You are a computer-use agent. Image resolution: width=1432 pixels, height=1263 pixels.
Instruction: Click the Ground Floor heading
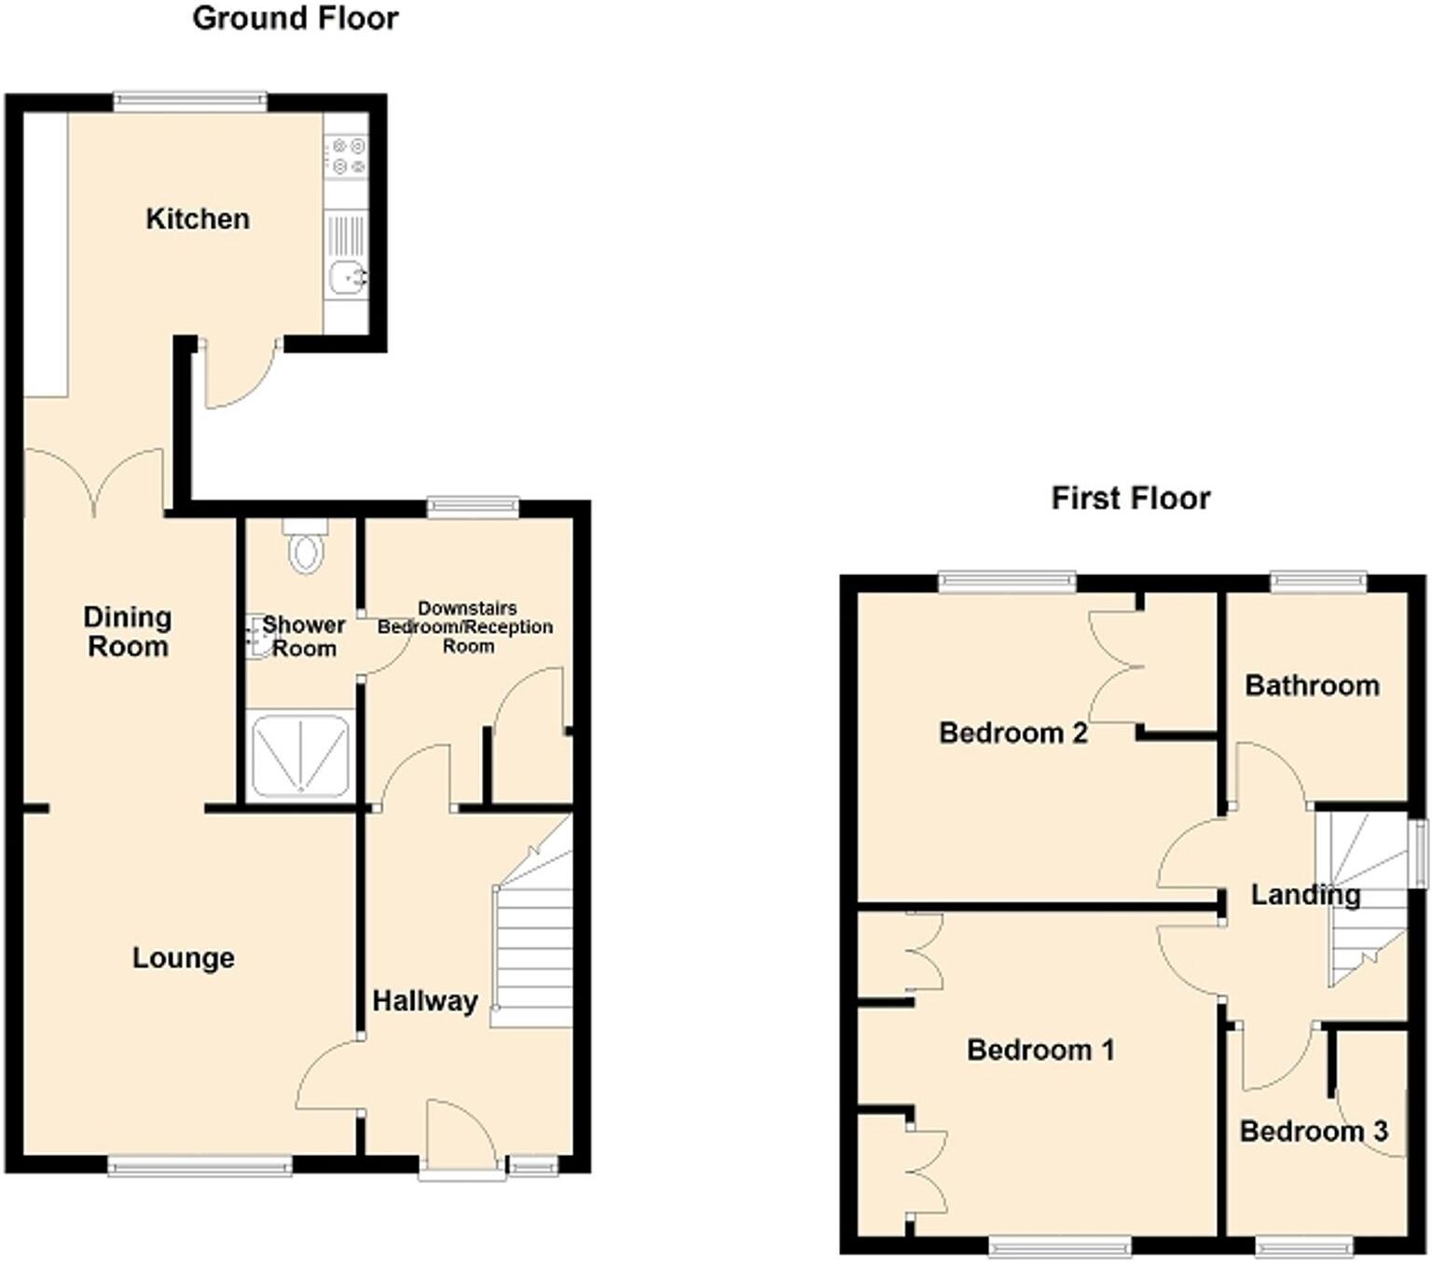(295, 18)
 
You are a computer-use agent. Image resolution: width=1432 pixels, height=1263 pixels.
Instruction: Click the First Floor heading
(1130, 498)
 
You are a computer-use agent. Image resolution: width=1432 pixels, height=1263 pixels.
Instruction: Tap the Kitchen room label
(198, 219)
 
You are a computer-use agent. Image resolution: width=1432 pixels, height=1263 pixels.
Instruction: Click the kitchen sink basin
(346, 276)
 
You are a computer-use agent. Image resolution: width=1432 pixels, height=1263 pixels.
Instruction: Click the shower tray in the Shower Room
(301, 755)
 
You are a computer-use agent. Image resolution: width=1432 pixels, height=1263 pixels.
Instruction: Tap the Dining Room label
(128, 631)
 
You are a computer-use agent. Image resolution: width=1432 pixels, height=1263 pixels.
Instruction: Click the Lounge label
(183, 957)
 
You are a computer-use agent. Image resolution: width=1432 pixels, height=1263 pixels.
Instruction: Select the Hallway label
(425, 1001)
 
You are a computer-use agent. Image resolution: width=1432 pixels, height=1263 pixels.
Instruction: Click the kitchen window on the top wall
(190, 100)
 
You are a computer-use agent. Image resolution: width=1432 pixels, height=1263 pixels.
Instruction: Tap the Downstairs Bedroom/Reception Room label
(465, 626)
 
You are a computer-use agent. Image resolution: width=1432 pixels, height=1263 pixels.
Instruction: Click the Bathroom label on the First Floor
(1312, 686)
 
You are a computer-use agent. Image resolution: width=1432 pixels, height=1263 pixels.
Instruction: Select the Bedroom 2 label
(1012, 733)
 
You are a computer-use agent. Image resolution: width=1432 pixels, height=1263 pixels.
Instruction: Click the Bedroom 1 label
(1040, 1050)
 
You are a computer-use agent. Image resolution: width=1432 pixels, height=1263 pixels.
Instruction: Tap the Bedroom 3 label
(1314, 1131)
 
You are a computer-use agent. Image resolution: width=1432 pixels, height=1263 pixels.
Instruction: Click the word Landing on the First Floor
(1305, 895)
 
